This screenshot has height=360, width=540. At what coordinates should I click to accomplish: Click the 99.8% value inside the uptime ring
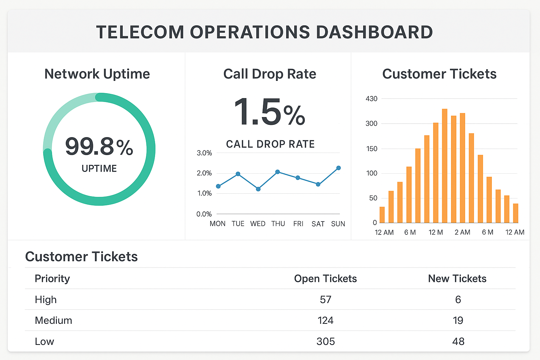(99, 147)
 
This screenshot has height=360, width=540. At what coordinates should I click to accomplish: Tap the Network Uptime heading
(97, 74)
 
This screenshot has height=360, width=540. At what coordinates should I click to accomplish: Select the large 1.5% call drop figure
(269, 112)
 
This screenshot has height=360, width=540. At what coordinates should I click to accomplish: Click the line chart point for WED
(258, 189)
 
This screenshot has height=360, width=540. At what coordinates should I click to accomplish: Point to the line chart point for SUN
(339, 168)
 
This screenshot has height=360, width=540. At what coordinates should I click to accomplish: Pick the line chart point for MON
(218, 186)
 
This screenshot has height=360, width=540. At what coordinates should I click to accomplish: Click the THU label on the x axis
(278, 224)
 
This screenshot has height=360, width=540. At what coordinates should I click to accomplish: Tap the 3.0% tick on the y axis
(204, 153)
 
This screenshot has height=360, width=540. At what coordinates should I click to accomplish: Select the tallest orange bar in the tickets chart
(445, 166)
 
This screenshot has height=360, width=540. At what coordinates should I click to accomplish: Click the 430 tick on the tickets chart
(372, 99)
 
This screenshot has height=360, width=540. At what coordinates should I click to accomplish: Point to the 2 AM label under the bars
(462, 232)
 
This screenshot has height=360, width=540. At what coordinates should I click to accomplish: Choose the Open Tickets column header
(326, 278)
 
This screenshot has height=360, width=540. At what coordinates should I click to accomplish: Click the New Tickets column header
(457, 278)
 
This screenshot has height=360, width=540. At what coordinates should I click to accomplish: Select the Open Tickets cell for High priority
(326, 300)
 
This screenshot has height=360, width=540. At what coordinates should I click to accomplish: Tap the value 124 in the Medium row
(326, 320)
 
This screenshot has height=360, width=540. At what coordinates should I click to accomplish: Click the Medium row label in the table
(53, 320)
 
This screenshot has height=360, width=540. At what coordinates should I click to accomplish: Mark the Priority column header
(52, 278)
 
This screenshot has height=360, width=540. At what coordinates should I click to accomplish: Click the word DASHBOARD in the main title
(374, 32)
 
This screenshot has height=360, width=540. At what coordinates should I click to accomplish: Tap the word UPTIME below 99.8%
(99, 168)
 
